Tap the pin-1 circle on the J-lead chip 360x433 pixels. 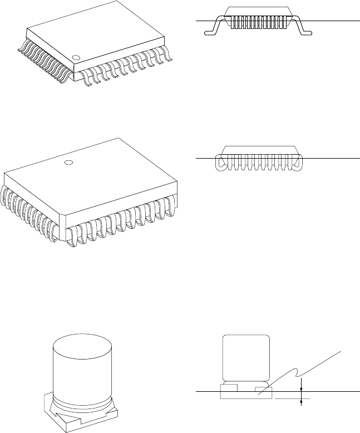coord(68,163)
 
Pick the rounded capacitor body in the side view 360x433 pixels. coord(245,360)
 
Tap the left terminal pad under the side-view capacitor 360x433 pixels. coord(230,386)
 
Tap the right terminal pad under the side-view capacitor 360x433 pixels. coord(263,387)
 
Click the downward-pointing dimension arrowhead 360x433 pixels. coord(301,388)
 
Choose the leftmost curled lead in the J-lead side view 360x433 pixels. coord(220,163)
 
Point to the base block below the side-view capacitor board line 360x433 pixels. coord(246,395)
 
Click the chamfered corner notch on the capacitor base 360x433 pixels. coord(56,412)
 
